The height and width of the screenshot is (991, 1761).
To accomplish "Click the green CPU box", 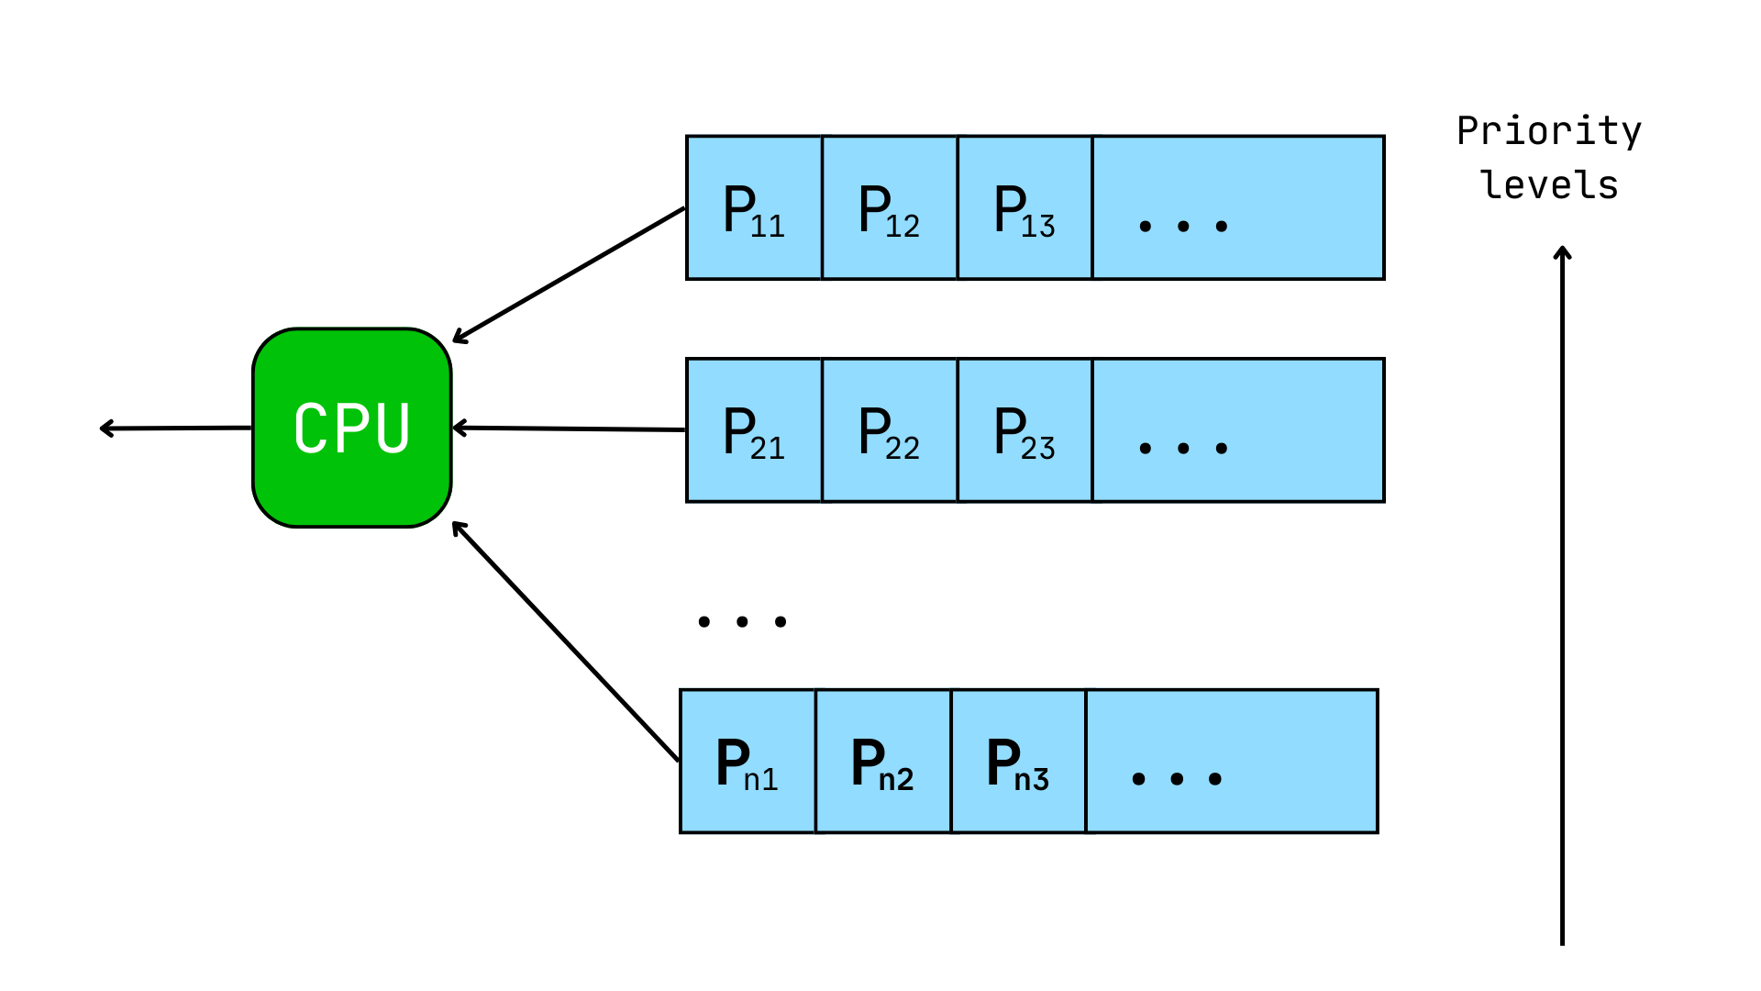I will coord(352,428).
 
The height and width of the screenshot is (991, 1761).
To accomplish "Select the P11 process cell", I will coord(754,208).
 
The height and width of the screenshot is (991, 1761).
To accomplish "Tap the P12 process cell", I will coord(890,208).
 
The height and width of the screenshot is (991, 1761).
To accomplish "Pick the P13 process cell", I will coord(1024,208).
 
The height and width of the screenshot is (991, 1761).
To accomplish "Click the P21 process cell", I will coord(754,430).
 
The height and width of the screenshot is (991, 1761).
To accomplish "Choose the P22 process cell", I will coord(890,430).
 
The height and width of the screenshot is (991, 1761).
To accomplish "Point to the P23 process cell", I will coord(1024,430).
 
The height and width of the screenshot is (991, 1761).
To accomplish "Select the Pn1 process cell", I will coord(748,762).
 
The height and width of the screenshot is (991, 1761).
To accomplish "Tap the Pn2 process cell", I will coord(883,762).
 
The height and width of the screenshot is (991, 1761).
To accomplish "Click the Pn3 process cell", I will coord(1018,762).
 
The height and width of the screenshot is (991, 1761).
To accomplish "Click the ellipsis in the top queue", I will coord(1183,226).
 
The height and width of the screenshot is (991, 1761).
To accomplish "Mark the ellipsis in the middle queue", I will coord(1183,448).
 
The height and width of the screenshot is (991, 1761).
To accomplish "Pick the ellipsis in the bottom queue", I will coord(1177,779).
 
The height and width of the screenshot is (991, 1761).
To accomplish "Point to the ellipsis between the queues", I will coord(742,621).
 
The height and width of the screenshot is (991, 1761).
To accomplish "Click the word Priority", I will coord(1549,131).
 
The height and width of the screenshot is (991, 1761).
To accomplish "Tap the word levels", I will coord(1549,185).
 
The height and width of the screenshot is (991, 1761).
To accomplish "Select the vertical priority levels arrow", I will coord(1562,596).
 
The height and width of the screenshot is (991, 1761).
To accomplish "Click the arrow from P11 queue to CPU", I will coord(569,275).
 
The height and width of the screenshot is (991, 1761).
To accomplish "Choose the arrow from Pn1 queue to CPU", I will coord(566,642).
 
